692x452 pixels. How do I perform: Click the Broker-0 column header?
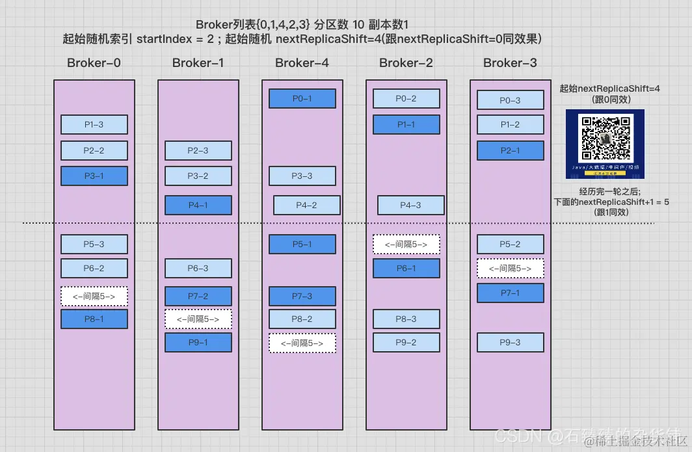(94, 63)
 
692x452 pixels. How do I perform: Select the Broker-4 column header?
(302, 63)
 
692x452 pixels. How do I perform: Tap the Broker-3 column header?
(510, 63)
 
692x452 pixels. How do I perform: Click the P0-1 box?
(302, 98)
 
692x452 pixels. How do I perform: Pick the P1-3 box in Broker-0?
(94, 124)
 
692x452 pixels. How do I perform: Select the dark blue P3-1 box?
(94, 176)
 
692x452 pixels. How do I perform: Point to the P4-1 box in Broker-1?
(198, 205)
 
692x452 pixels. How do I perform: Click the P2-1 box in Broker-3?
(511, 150)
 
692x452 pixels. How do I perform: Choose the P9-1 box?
(198, 342)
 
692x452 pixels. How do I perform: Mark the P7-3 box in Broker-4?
(302, 296)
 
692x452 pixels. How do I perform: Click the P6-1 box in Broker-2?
(406, 268)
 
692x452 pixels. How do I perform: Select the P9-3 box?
(511, 342)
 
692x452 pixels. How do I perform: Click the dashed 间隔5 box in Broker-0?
(94, 296)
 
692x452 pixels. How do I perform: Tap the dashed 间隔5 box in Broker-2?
(406, 244)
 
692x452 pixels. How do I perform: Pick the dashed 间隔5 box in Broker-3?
(511, 268)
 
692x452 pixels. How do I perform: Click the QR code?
(605, 139)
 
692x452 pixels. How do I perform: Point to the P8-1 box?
(94, 319)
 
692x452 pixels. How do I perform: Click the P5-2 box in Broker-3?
(511, 244)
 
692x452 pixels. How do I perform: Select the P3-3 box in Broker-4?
(302, 176)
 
